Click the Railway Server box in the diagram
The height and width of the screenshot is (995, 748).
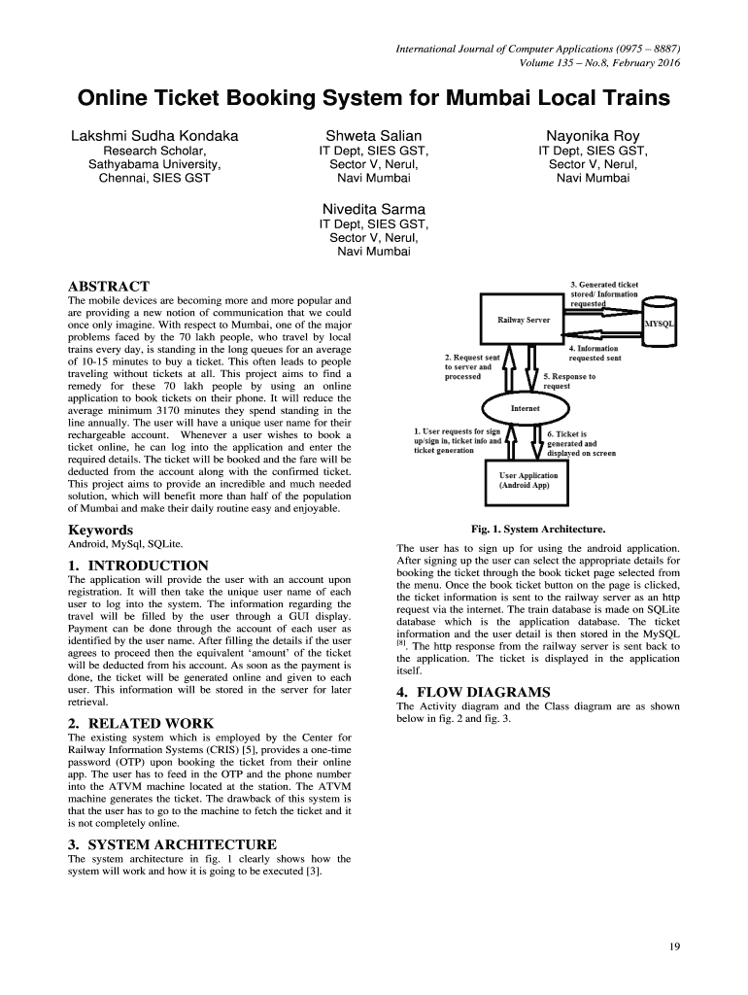525,319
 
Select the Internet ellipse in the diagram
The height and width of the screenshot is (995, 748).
526,409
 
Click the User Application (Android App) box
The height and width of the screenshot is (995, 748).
528,480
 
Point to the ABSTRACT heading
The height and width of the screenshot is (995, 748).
108,286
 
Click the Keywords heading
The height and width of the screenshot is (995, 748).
100,530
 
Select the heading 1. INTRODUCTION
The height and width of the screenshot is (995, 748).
138,565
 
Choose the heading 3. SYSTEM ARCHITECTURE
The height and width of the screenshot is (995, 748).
172,843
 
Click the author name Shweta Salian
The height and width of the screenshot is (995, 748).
374,136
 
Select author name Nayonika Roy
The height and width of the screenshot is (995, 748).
593,136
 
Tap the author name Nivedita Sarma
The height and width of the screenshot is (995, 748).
374,209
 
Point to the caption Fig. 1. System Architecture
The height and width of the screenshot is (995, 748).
538,529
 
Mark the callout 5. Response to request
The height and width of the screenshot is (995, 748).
569,381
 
